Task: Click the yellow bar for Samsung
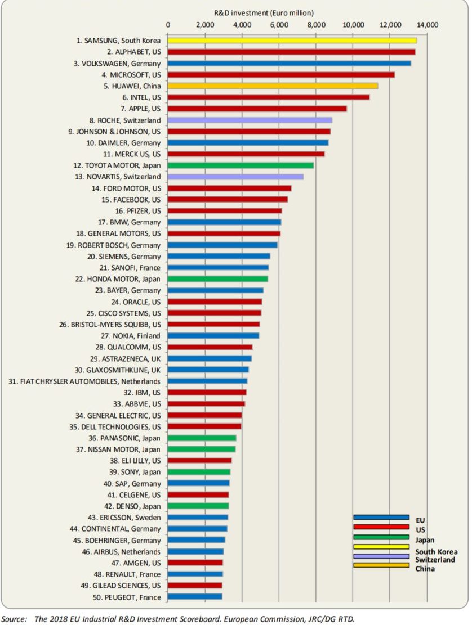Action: [292, 41]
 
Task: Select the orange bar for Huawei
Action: [273, 86]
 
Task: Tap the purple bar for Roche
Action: [250, 120]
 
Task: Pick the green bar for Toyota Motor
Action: [241, 165]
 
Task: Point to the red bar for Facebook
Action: [228, 199]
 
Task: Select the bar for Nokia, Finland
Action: [213, 335]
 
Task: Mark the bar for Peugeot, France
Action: [195, 596]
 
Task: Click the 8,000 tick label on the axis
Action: [316, 25]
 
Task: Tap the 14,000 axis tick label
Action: [428, 25]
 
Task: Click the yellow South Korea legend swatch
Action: [381, 546]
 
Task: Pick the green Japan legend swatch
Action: [381, 537]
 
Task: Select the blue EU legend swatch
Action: [381, 517]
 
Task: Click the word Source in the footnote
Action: [14, 619]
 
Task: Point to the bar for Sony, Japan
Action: [199, 471]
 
